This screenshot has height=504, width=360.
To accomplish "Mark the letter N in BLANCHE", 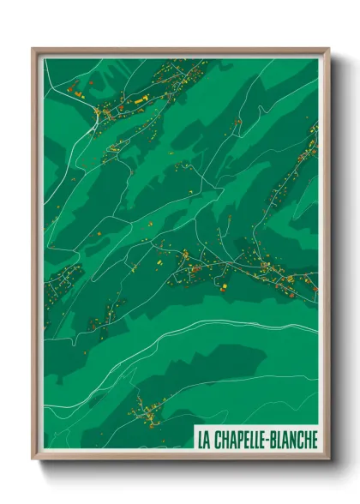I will tap(295, 439).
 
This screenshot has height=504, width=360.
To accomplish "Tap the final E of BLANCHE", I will tap(313, 439).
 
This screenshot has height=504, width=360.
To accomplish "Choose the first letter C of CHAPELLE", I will tap(217, 439).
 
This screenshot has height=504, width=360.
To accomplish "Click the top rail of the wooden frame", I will tap(180, 51).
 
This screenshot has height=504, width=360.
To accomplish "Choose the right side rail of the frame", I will tap(327, 257).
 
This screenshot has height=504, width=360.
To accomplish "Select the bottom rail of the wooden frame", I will tap(180, 459).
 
